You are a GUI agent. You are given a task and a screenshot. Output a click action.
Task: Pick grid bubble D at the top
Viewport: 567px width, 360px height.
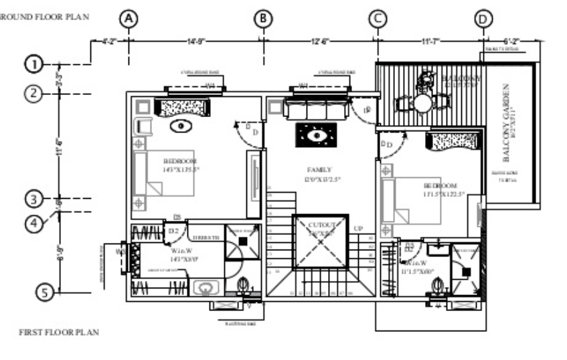[x=483, y=19]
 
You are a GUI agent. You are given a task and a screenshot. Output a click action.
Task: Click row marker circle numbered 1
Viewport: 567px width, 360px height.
[x=34, y=64]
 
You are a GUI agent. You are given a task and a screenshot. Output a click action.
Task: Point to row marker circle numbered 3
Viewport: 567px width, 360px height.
[x=34, y=199]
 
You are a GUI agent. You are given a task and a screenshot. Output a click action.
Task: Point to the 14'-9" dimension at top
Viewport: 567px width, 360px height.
[x=195, y=41]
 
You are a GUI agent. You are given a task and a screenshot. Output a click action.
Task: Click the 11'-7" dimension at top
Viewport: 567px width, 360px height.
[x=430, y=41]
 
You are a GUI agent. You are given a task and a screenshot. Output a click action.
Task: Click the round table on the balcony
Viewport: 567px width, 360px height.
[x=422, y=103]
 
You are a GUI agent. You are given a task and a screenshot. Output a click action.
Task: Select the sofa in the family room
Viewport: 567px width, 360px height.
[x=314, y=109]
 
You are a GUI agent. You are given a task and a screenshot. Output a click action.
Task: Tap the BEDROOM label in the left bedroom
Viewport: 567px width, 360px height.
[x=180, y=161]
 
